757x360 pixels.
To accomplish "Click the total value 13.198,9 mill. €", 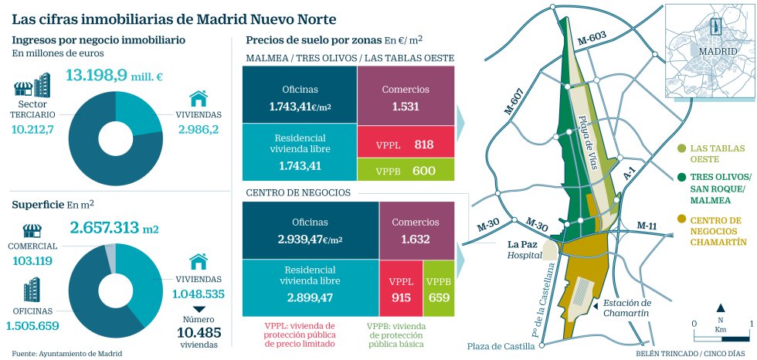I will click(x=115, y=76).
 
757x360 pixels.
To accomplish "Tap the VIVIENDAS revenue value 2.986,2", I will click(x=199, y=128).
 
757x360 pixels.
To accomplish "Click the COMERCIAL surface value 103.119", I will click(x=32, y=260).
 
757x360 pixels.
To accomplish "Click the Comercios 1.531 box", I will click(x=405, y=96).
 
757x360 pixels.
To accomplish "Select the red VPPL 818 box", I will click(x=405, y=144).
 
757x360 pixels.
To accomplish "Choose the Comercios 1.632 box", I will click(x=415, y=230).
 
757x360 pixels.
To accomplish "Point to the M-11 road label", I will click(x=647, y=225).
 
